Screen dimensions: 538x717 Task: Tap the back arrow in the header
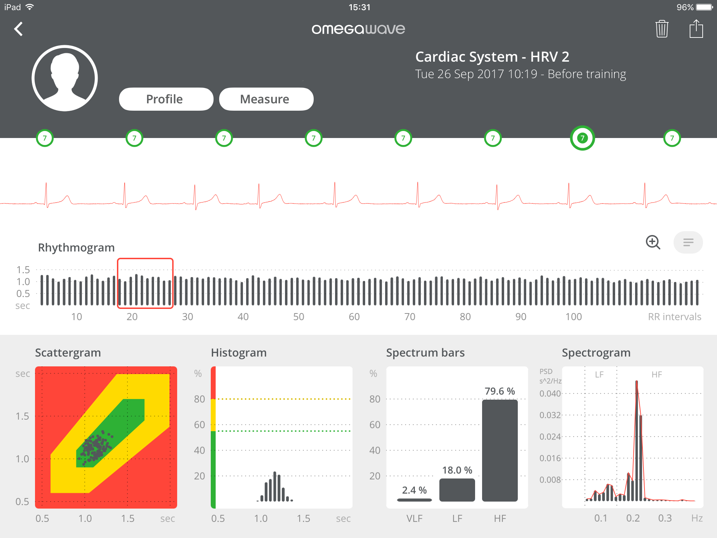point(19,29)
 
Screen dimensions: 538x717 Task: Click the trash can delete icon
point(662,29)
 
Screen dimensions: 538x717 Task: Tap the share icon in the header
point(696,29)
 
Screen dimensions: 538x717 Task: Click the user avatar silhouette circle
point(65,78)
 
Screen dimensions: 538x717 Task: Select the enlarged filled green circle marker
point(582,138)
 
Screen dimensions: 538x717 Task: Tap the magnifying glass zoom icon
point(653,242)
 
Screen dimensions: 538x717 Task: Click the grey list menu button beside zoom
point(688,242)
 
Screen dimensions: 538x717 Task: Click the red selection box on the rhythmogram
point(145,283)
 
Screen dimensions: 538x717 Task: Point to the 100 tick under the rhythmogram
point(573,317)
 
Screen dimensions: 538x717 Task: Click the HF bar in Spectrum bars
point(500,450)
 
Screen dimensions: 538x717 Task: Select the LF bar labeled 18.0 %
point(457,490)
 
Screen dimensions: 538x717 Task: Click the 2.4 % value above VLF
point(414,490)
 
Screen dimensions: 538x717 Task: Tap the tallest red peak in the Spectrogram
point(636,385)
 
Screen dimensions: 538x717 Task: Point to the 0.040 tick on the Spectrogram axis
point(550,393)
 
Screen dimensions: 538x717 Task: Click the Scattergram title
point(68,352)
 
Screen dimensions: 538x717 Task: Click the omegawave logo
point(358,29)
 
